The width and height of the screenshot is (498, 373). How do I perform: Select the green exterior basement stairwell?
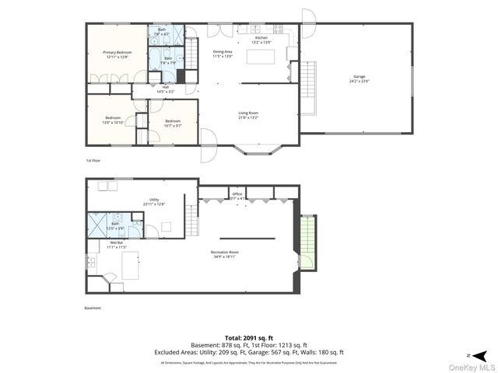[308, 242]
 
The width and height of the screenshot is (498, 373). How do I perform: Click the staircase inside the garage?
[308, 86]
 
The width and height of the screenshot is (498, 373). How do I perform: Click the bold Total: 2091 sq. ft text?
[249, 338]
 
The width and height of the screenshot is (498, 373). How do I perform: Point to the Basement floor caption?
[93, 308]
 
